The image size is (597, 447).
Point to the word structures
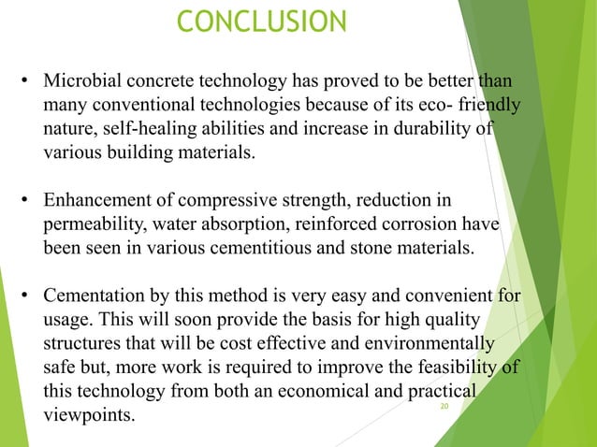pos(87,346)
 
